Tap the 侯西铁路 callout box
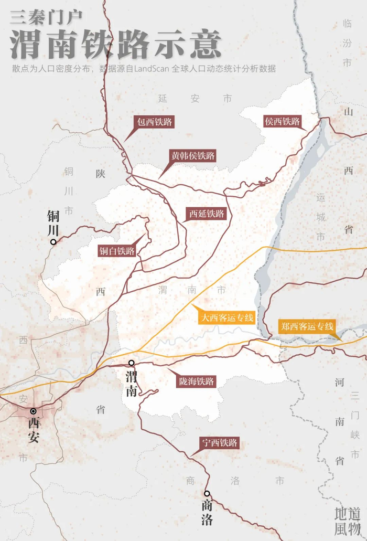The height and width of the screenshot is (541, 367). [283, 122]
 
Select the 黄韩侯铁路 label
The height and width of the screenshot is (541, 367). [192, 156]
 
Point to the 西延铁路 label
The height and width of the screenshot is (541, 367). [207, 214]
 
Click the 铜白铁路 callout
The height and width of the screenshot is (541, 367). [117, 251]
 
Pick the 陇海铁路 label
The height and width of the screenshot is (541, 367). [196, 381]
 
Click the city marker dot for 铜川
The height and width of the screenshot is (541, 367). [53, 242]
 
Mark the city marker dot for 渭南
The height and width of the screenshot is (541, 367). [132, 363]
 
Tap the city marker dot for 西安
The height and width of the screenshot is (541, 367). [33, 411]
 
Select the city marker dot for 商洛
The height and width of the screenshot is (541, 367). [207, 493]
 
